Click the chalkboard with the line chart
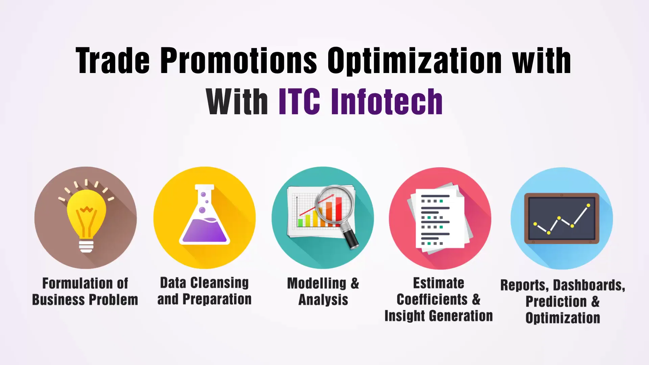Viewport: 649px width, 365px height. (x=561, y=218)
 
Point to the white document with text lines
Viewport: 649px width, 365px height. (x=439, y=220)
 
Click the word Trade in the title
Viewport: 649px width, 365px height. (x=113, y=61)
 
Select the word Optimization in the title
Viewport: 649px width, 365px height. (x=415, y=61)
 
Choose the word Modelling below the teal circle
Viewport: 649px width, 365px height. (x=316, y=283)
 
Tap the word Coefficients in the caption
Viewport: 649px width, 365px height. (x=432, y=299)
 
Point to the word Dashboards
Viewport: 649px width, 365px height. (x=589, y=285)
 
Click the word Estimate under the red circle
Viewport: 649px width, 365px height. (x=438, y=283)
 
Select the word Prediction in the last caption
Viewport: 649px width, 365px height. (x=556, y=301)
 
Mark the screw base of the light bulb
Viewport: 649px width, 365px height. (x=86, y=246)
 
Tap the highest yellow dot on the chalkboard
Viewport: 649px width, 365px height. (x=588, y=205)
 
